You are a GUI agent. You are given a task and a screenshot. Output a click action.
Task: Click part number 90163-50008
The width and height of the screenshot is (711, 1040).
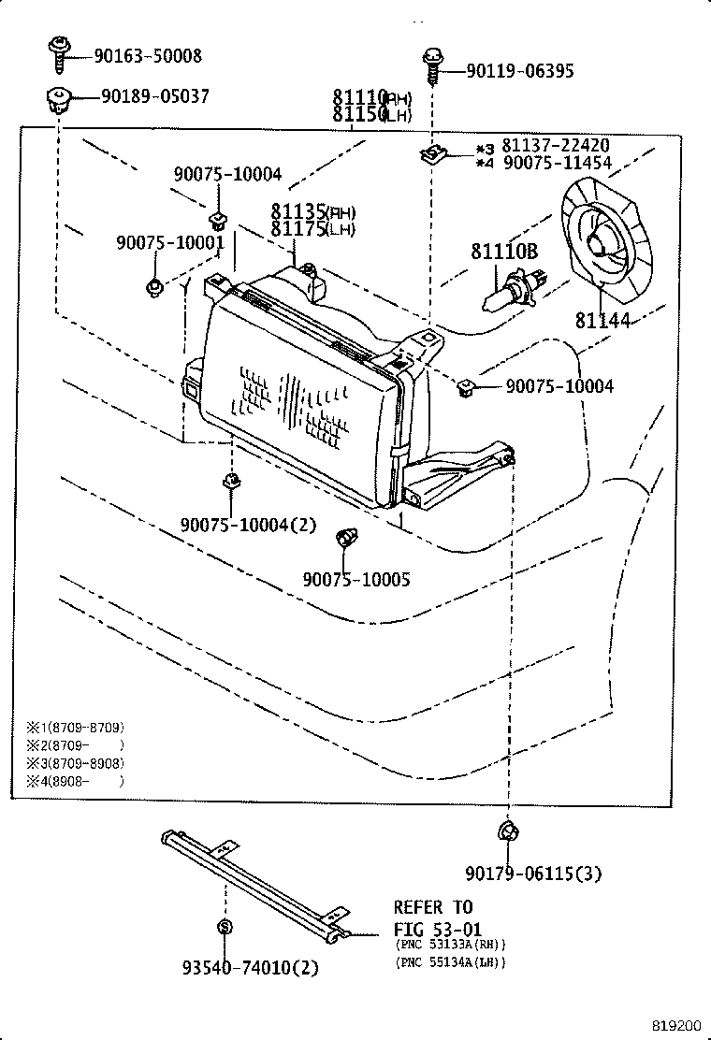147,56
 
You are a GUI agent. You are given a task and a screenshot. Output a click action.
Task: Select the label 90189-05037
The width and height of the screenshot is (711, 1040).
154,96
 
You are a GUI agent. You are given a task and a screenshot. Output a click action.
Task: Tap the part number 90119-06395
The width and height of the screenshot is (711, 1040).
520,71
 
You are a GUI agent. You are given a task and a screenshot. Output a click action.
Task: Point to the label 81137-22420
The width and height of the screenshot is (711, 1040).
556,146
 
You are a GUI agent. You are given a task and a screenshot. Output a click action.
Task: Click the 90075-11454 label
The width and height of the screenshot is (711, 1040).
557,163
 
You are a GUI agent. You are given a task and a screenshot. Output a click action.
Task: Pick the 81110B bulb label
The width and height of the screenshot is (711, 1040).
504,252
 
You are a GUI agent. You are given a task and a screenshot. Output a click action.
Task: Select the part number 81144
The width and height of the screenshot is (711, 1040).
602,321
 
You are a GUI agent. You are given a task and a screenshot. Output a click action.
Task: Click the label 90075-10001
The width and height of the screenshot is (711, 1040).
170,242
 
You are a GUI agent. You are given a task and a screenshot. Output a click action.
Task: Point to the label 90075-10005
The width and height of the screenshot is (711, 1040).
355,580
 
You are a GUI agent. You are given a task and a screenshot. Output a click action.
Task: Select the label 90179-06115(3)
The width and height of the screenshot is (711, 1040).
533,874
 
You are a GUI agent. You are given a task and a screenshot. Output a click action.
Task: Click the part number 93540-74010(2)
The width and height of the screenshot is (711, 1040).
250,968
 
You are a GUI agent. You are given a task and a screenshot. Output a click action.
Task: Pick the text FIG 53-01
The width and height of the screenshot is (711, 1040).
433,931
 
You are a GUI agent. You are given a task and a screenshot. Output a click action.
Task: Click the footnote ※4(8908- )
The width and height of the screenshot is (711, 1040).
75,781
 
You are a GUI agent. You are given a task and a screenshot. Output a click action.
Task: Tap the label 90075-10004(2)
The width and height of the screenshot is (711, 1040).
249,525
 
